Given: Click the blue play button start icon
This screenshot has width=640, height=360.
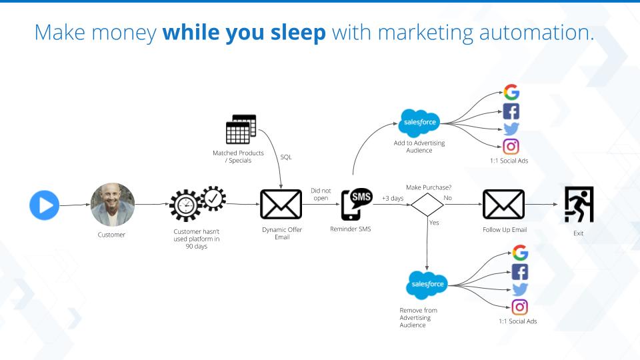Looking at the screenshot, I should click(45, 205).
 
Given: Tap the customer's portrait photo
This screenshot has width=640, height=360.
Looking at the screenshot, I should click(113, 205).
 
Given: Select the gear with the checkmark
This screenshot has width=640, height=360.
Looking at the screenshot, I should click(214, 198).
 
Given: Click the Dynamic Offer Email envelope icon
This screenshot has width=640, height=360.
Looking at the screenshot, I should click(281, 205).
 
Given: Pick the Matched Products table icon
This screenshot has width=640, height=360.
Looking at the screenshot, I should click(241, 129).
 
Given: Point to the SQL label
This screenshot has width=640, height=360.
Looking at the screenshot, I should click(286, 157).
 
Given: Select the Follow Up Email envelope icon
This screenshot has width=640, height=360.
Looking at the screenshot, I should click(503, 205).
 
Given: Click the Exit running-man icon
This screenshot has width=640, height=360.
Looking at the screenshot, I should click(579, 204).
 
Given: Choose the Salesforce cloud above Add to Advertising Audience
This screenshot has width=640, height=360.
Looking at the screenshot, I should click(419, 123).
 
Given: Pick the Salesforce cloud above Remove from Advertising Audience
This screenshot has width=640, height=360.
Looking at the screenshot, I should click(426, 285).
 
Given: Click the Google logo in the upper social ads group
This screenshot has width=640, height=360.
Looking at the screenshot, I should click(511, 93).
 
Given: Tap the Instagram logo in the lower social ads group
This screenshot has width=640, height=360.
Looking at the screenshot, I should click(520, 307).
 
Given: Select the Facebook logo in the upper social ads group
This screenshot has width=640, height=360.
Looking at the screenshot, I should click(511, 111).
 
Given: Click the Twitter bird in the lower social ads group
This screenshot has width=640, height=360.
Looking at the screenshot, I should click(520, 289).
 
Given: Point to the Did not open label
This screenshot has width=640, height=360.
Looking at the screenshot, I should click(321, 194).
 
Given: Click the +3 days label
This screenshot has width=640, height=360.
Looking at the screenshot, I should click(393, 198).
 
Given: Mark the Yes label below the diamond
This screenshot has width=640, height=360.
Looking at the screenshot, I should click(434, 223).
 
